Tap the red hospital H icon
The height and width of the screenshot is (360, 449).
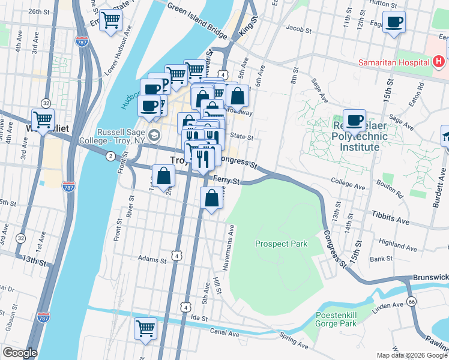point(439,61)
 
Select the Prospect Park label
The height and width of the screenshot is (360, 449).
point(281,244)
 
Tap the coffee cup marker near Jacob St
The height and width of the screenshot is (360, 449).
point(394,23)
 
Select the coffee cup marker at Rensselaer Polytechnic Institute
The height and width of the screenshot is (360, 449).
point(355,119)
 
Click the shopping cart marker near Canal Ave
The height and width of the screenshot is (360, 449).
point(145,328)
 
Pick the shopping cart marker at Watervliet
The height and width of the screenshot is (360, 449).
point(43,119)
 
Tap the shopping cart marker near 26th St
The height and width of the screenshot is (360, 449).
point(111,21)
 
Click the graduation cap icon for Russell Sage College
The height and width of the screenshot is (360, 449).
point(154,135)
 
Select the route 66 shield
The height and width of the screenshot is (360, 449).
point(411,301)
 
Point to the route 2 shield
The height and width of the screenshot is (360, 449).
point(110,156)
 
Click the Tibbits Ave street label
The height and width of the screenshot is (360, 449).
point(390,218)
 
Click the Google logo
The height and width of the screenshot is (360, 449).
point(20,353)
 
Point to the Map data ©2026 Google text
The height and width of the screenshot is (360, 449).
point(412,355)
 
